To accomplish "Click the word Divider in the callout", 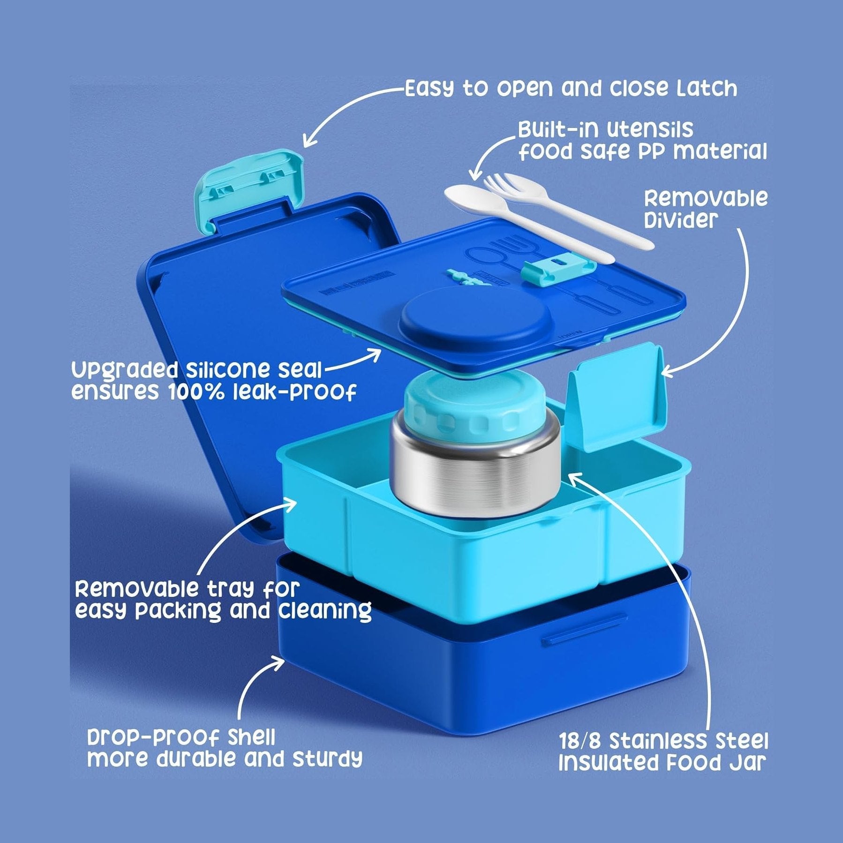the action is coord(681,219).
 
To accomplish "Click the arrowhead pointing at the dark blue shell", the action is coord(278,663).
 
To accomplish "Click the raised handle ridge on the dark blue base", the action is coord(584,630).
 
